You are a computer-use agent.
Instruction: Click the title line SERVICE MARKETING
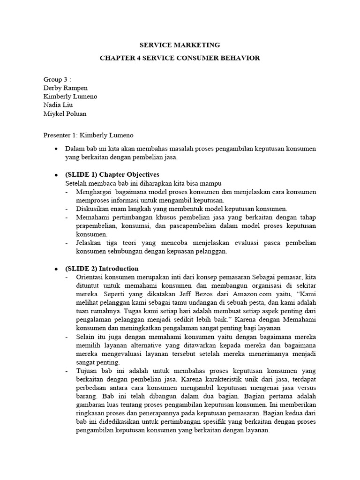tap(180, 45)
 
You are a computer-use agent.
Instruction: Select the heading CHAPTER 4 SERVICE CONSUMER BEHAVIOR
tap(180, 58)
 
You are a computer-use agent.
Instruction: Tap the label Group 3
tap(57, 80)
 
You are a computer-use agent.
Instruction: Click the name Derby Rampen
tap(65, 88)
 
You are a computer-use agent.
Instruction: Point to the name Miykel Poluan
tap(65, 113)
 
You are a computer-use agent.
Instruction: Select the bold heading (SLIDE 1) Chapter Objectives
tap(112, 174)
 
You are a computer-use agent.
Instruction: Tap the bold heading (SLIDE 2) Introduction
tap(102, 269)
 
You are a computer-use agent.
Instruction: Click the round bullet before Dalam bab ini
tap(56, 149)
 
